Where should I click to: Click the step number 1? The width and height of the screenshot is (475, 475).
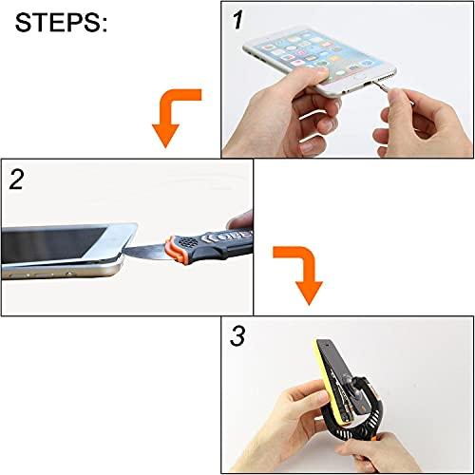pos(237,19)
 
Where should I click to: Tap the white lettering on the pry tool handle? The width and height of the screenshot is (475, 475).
pos(213,237)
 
